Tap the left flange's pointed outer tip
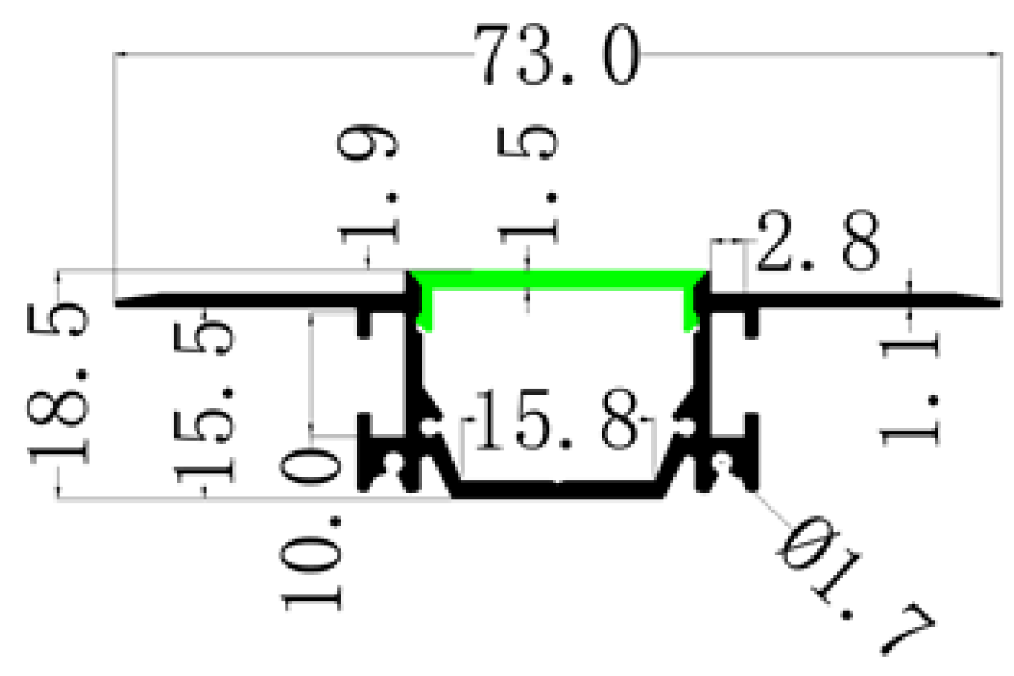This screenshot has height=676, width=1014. click(120, 302)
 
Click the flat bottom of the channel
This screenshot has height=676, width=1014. click(558, 491)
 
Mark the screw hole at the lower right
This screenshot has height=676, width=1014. click(723, 463)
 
